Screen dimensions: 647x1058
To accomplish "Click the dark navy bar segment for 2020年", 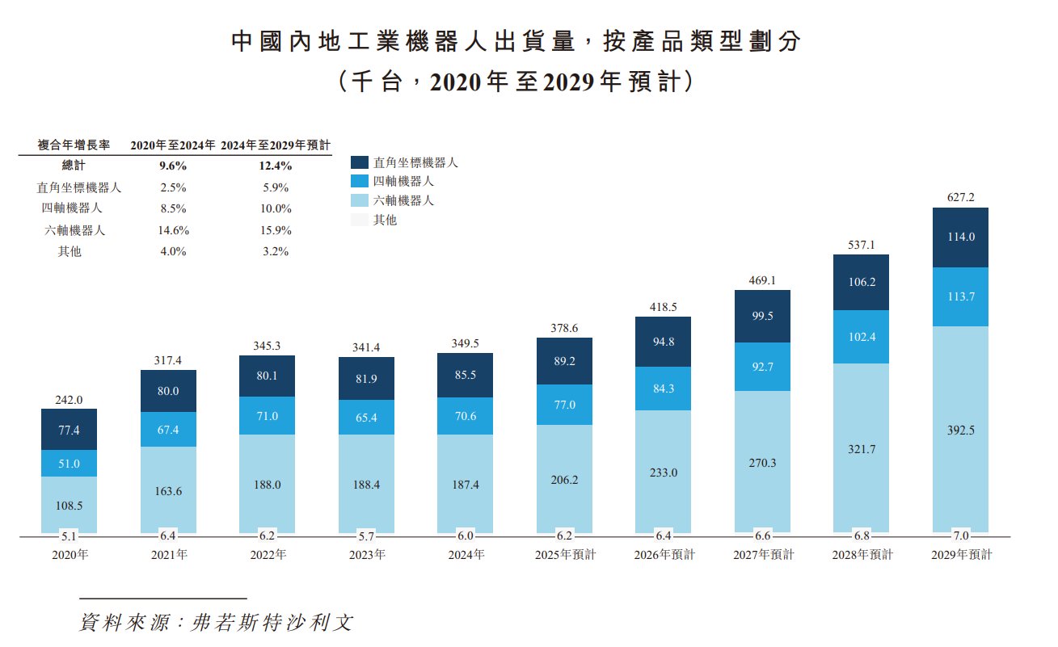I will click(x=69, y=429).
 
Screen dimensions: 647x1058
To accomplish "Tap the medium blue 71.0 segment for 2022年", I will click(x=267, y=416).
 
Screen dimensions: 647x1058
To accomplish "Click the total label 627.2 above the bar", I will click(x=960, y=196).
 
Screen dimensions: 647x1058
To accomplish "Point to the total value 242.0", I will click(x=69, y=398).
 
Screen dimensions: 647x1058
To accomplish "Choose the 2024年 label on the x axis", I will click(x=466, y=555).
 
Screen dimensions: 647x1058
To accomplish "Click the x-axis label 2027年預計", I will click(x=762, y=555).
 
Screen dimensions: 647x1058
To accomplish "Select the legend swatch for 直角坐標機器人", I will click(x=360, y=162).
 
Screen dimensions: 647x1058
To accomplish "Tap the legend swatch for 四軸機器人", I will click(x=360, y=181).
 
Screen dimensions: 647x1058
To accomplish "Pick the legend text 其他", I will click(x=385, y=219).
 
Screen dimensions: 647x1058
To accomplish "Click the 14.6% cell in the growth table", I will click(x=173, y=230).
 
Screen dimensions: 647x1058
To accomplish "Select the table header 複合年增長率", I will click(x=68, y=145).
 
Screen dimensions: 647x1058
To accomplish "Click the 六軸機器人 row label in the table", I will click(x=74, y=230).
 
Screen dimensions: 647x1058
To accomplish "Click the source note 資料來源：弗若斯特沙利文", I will click(x=217, y=623).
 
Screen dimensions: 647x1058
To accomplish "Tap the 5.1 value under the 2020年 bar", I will click(x=69, y=535).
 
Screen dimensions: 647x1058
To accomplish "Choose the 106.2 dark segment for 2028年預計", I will click(x=862, y=282).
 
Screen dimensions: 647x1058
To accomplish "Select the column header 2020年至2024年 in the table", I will click(x=173, y=145).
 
